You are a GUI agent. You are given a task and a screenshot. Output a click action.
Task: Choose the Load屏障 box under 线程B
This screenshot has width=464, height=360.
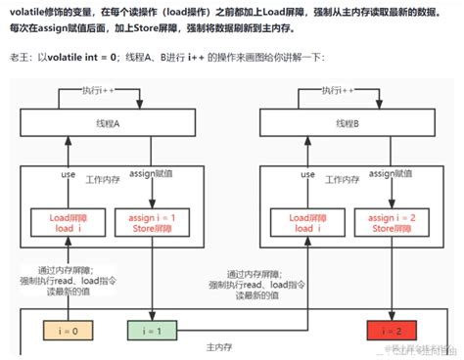coord(303,223)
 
